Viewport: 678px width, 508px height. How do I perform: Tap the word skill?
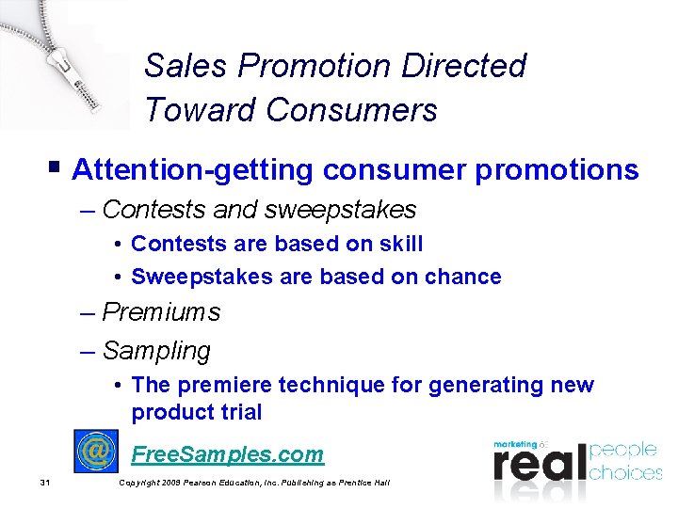point(399,244)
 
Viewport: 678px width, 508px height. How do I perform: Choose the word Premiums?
point(161,312)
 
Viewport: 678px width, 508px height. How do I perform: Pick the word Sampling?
point(156,351)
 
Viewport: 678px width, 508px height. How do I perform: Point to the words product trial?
point(196,412)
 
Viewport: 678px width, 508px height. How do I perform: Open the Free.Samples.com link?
point(227,454)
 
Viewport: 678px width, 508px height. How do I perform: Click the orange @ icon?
point(96,452)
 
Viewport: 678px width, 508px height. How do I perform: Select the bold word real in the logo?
point(539,463)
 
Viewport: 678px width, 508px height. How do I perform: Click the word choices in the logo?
point(625,471)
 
